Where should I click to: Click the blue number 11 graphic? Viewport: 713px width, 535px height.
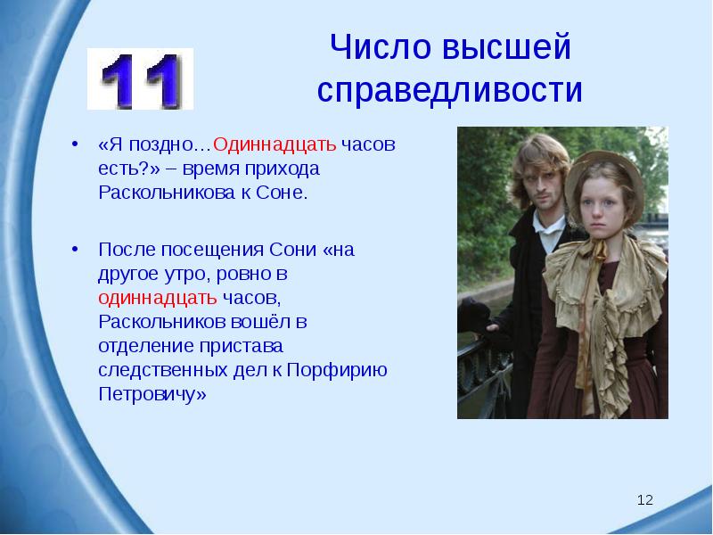[140, 79]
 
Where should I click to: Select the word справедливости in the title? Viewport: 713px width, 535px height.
[449, 90]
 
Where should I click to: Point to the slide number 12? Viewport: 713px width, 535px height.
[645, 500]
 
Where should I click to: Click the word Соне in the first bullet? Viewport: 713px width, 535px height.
[286, 193]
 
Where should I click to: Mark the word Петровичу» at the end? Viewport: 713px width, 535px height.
[152, 394]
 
